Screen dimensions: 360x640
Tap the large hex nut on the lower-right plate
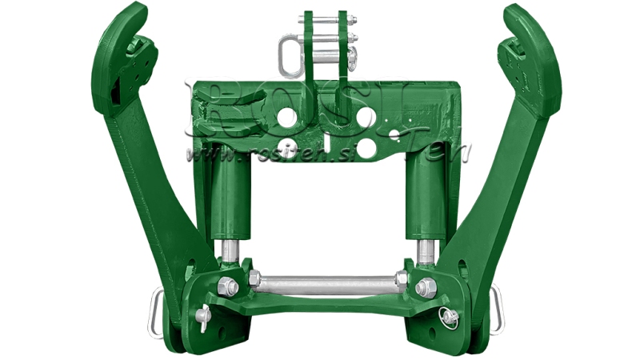[426, 286]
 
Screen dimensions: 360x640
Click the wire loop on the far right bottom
[498, 308]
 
